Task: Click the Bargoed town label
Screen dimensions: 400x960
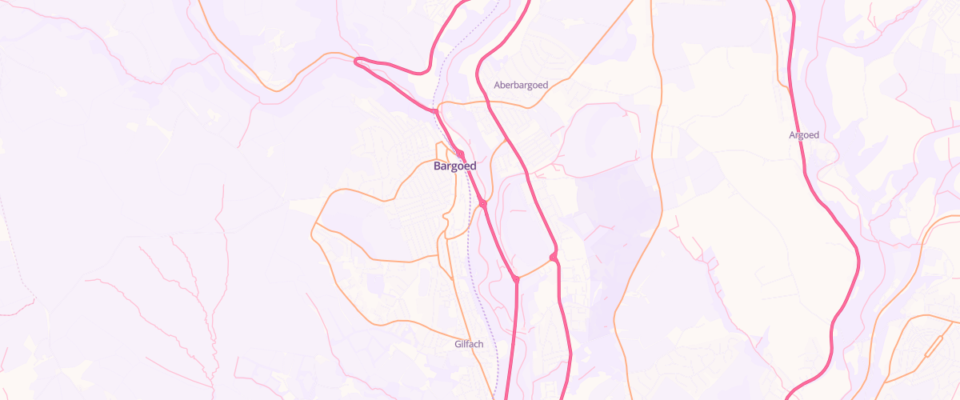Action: (454, 166)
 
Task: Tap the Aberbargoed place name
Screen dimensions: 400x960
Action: (521, 85)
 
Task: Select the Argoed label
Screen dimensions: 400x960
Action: (804, 135)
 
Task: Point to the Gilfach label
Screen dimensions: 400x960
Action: (469, 344)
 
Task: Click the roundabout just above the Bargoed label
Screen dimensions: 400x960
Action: (460, 153)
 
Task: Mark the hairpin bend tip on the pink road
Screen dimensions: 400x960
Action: (356, 59)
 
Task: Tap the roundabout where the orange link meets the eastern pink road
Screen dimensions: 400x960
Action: (553, 257)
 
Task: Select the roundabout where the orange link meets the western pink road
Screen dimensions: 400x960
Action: (516, 279)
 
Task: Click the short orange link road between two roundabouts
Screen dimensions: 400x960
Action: (534, 268)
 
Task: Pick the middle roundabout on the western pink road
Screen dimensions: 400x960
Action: (483, 205)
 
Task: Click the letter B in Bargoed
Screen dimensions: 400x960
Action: (437, 166)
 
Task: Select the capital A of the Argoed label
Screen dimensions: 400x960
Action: (792, 135)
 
